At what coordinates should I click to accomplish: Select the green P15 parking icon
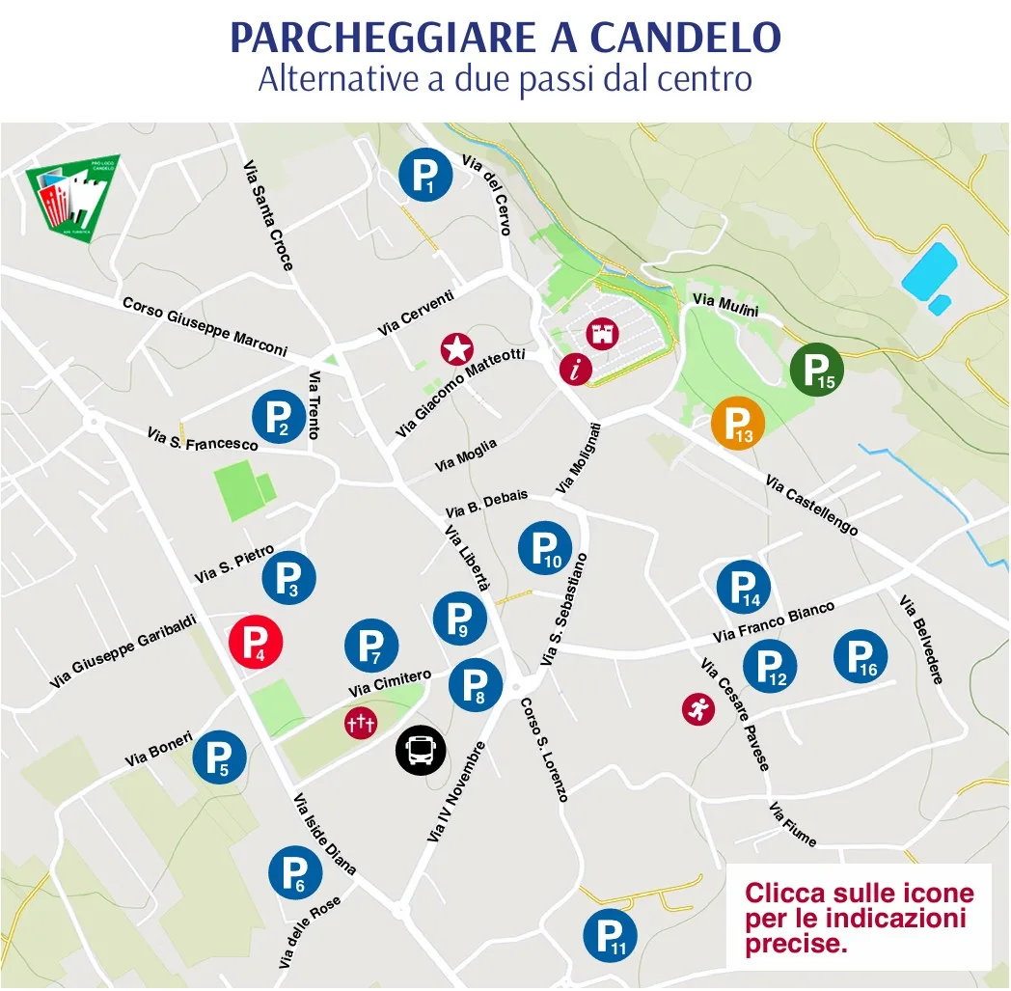click(x=817, y=368)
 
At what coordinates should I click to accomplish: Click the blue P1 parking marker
click(x=425, y=175)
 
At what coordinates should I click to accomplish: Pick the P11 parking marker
click(x=610, y=935)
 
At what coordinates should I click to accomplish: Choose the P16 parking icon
click(x=861, y=656)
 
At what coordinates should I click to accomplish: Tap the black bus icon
click(x=421, y=750)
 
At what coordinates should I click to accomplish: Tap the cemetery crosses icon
click(x=360, y=722)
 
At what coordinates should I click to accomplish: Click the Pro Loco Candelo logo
click(x=72, y=201)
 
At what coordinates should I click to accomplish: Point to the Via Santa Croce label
click(x=267, y=214)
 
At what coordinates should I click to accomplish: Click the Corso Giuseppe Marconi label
click(x=205, y=326)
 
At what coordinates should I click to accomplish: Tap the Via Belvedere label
click(x=920, y=639)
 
